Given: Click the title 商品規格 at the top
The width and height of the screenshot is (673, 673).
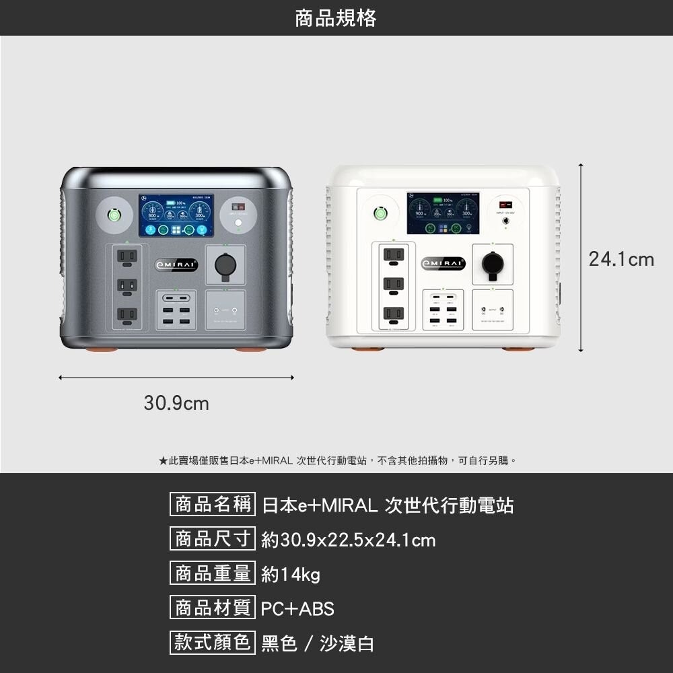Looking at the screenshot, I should point(336,18).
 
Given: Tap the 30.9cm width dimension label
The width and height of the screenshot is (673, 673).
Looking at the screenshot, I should point(176,404).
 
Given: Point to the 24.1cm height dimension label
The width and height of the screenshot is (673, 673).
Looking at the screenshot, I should point(621,259).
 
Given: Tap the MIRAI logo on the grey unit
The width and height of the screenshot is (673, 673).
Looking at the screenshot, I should point(176,264).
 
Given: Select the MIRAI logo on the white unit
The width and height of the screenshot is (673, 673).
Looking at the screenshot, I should point(443,262).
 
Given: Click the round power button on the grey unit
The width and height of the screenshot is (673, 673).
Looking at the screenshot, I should point(116,215).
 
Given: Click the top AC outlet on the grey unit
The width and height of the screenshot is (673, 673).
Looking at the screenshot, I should point(127,256).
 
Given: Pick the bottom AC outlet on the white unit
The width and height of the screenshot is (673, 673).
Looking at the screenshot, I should point(394,313).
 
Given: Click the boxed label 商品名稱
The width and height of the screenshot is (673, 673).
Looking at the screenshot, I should point(213,504).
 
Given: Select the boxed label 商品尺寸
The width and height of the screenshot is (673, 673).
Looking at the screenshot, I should point(213,539).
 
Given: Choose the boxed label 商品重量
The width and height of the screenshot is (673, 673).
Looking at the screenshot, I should point(213,573).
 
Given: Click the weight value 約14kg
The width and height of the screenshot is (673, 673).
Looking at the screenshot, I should point(291,575).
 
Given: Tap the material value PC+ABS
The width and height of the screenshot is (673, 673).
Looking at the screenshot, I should point(297,609).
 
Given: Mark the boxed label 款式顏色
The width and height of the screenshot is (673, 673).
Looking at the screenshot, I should point(213,642).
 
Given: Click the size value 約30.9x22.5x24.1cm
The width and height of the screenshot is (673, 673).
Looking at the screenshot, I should point(348,540).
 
